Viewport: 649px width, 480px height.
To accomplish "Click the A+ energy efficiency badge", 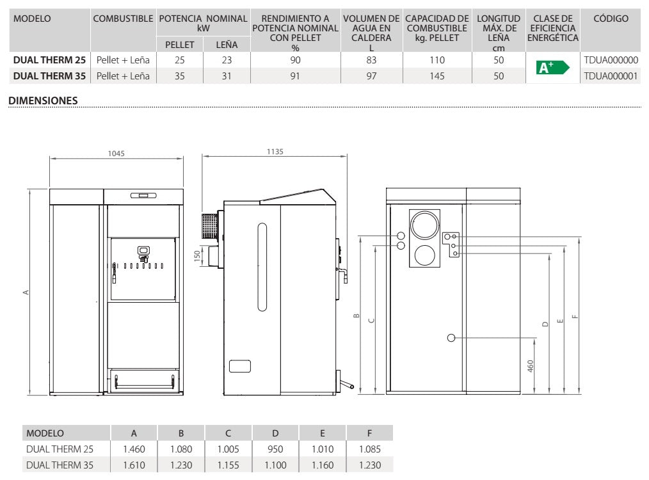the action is click(552, 67).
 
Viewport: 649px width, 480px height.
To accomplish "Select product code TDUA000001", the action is click(611, 76).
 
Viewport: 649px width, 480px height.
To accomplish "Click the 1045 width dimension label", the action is click(116, 154).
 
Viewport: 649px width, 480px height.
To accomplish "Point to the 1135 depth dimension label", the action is click(275, 152).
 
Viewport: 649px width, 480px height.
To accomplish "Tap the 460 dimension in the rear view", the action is click(531, 366).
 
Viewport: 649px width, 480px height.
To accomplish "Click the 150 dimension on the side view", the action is click(197, 255).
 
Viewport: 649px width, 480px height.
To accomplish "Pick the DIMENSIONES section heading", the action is click(43, 100).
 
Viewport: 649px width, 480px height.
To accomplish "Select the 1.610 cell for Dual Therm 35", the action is click(134, 465).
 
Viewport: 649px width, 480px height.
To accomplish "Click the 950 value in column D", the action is click(275, 449).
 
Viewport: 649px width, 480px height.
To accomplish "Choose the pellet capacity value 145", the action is click(437, 76).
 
